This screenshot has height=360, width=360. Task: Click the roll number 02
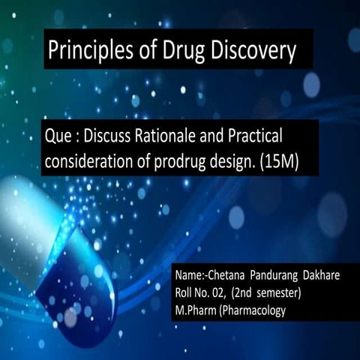tap(224, 293)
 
